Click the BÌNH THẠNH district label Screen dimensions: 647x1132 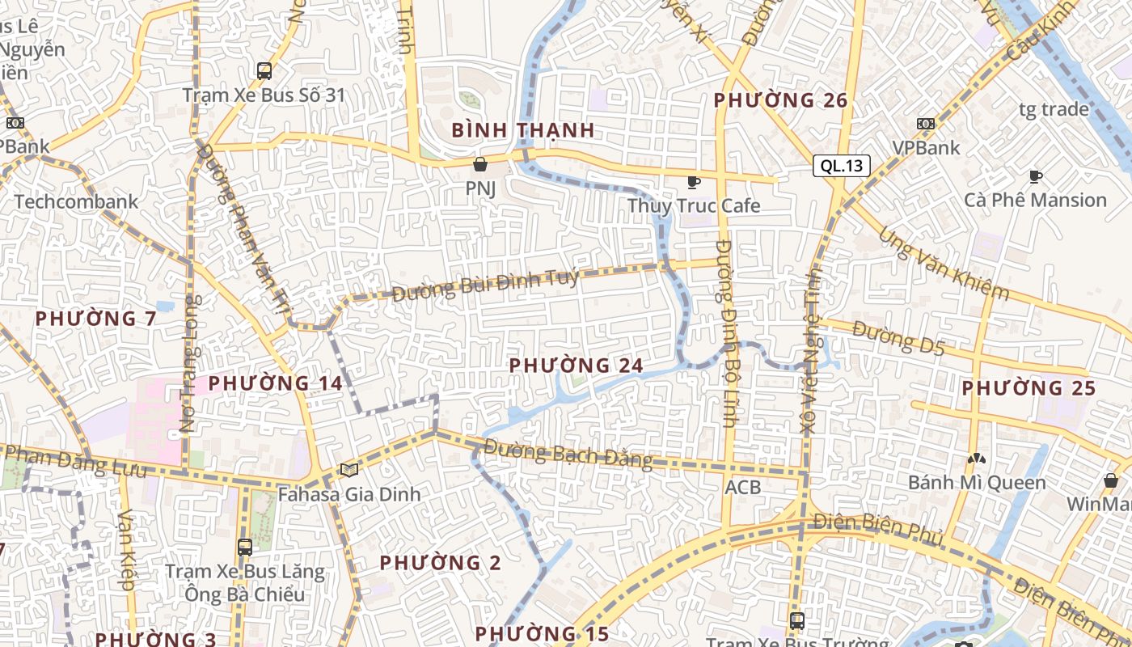[523, 129]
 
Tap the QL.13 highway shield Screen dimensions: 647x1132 [842, 167]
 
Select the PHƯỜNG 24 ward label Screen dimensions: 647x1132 [576, 366]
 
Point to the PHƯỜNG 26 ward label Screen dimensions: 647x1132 [780, 100]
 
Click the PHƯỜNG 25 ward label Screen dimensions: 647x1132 [1029, 388]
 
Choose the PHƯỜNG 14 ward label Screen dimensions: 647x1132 [276, 383]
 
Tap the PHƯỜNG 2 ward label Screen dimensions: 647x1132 [441, 562]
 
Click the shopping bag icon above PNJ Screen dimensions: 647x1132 [481, 165]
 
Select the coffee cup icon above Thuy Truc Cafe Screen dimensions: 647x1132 [693, 182]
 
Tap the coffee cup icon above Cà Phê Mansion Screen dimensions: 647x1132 [1036, 176]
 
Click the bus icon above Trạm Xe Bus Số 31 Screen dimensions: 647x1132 [264, 71]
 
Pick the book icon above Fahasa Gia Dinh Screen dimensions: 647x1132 [348, 470]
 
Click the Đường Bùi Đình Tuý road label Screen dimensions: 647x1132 [485, 285]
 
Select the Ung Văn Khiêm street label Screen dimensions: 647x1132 [944, 263]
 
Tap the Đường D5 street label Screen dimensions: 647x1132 [898, 338]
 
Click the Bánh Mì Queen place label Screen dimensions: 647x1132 [977, 483]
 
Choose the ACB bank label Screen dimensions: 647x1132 [742, 487]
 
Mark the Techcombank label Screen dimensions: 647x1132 [76, 202]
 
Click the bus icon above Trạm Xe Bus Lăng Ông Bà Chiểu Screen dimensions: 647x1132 [245, 548]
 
